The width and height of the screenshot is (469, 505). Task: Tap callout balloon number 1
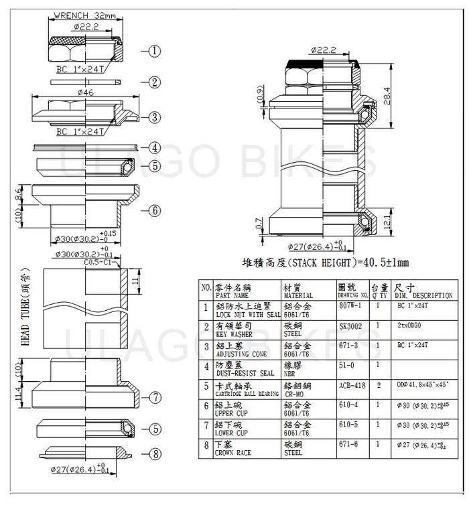[x=154, y=50]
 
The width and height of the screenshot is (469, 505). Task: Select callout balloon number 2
[x=154, y=82]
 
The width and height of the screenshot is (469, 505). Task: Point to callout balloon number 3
[x=154, y=117]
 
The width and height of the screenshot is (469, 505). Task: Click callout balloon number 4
[x=154, y=147]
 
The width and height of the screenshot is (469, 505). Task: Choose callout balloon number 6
[x=154, y=210]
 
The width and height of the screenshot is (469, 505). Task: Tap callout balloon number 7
[x=154, y=397]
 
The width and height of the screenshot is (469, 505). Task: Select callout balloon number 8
[x=154, y=454]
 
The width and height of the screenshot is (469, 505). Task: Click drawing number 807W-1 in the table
[x=350, y=305]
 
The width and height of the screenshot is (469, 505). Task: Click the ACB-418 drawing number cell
[x=351, y=386]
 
